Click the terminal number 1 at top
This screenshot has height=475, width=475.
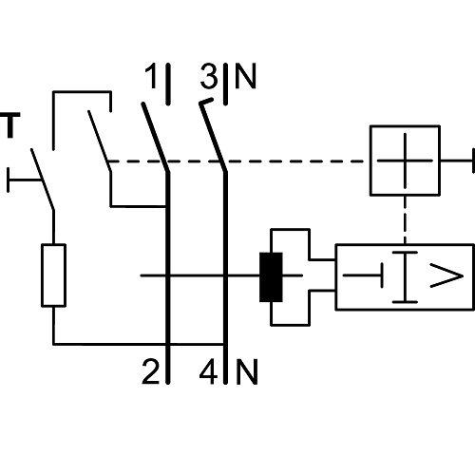tap(151, 76)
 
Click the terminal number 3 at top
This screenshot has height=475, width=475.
tap(209, 76)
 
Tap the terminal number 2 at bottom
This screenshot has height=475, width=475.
tap(150, 371)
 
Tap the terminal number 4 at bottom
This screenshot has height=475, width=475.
tap(208, 371)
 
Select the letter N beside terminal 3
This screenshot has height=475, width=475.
tap(245, 76)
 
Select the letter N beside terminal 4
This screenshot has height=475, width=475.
tap(247, 371)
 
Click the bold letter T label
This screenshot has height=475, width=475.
tap(11, 125)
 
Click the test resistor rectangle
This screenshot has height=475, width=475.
tap(53, 275)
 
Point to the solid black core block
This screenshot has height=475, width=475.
tap(271, 277)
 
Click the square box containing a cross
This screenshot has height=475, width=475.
tap(405, 161)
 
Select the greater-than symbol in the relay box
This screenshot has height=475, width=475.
tap(446, 276)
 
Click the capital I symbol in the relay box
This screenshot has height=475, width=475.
tap(405, 277)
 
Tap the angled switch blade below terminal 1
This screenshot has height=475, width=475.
tap(155, 137)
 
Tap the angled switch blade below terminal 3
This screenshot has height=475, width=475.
tap(213, 136)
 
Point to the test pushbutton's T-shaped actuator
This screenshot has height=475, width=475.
tap(24, 180)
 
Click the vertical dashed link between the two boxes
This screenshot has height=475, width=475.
tap(405, 220)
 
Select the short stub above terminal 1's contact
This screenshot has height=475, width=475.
tap(168, 84)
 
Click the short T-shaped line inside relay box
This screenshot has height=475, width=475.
tap(363, 275)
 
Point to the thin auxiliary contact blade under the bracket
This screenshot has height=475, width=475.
tap(100, 141)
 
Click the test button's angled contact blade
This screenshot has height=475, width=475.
tap(43, 179)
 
